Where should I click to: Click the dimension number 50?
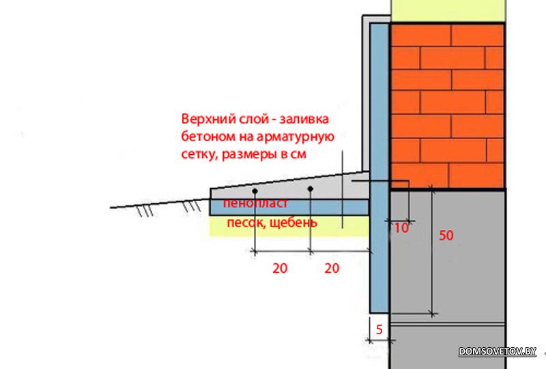[x=446, y=235]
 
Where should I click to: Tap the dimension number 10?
[x=401, y=228]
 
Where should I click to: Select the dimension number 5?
[x=379, y=329]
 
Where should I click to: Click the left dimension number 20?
[x=280, y=268]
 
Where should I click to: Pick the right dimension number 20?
[x=332, y=268]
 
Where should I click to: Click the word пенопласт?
[x=255, y=203]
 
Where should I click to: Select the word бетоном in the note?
[x=208, y=136]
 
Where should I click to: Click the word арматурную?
[x=296, y=137]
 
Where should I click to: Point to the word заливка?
[x=304, y=119]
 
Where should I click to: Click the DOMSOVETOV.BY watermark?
[x=498, y=351]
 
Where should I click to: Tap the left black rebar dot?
[x=255, y=191]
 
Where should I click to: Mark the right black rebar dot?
[x=311, y=189]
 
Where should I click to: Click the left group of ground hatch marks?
[x=145, y=211]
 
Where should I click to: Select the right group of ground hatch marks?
[x=192, y=206]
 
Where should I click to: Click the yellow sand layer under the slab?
[x=289, y=226]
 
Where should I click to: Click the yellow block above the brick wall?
[x=448, y=11]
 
